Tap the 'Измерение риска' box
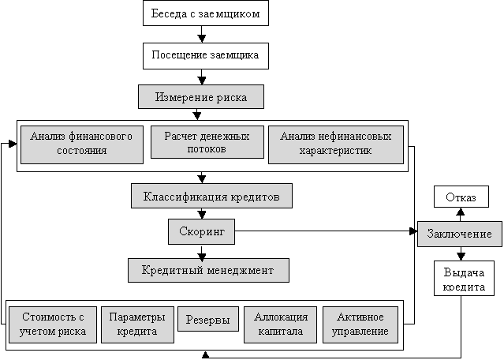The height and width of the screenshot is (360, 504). (200, 97)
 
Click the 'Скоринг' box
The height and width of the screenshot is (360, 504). (202, 231)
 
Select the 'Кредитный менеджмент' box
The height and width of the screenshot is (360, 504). (208, 270)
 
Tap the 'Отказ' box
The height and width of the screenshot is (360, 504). (461, 197)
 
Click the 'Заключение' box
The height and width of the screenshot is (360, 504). (460, 234)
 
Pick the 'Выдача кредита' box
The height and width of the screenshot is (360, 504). (464, 279)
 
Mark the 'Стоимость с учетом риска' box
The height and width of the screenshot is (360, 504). (53, 324)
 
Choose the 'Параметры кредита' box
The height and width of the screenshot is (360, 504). (137, 324)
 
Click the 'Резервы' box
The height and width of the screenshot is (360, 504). (207, 319)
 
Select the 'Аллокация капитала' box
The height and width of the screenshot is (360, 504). (280, 324)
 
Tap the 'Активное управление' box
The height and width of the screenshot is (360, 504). (360, 324)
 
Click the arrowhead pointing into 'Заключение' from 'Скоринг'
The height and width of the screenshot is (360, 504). (413, 232)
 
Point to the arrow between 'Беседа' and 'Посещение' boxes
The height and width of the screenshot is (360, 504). (203, 35)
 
